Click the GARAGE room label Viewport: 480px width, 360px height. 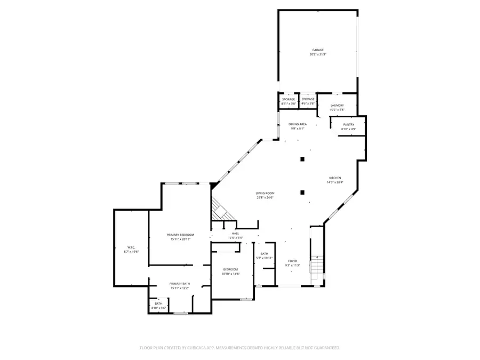318,50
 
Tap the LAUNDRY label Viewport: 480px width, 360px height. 337,106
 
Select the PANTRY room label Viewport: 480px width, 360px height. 348,125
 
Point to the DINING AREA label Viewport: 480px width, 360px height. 298,124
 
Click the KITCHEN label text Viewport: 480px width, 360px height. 335,178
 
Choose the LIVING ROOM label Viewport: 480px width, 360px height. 265,194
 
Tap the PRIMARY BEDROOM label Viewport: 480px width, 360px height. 180,235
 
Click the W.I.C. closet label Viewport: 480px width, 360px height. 131,247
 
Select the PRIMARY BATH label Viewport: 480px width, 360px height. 180,284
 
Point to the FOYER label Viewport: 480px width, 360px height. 293,261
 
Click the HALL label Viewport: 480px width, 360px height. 235,234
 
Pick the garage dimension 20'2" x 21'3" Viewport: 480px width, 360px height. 318,54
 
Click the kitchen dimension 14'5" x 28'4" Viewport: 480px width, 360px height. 335,182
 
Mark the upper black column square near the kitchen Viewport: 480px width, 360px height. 302,159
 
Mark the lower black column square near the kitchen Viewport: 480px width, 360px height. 302,193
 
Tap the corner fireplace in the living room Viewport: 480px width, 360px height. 220,209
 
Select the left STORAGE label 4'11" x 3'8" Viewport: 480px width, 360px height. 289,99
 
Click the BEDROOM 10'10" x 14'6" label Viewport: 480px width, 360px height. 231,270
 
